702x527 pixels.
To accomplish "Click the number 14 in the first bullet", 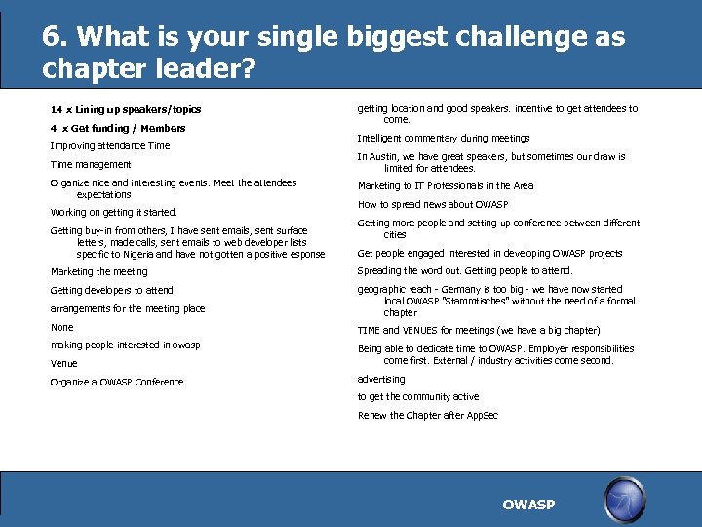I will [56, 109].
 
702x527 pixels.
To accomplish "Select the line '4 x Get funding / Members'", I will [118, 128].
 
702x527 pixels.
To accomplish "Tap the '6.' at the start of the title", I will [55, 37].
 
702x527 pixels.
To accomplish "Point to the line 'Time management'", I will [91, 164].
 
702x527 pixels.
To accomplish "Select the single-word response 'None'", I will [61, 327].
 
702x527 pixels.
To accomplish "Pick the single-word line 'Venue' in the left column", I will [63, 363].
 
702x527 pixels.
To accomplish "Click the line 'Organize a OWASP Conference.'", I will [118, 382].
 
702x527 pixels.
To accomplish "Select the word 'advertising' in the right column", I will [381, 379].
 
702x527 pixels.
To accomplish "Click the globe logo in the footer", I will [625, 499].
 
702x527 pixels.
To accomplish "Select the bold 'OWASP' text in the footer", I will [528, 505].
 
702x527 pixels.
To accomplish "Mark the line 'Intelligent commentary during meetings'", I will [444, 138].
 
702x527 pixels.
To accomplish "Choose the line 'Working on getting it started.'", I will [114, 212].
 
